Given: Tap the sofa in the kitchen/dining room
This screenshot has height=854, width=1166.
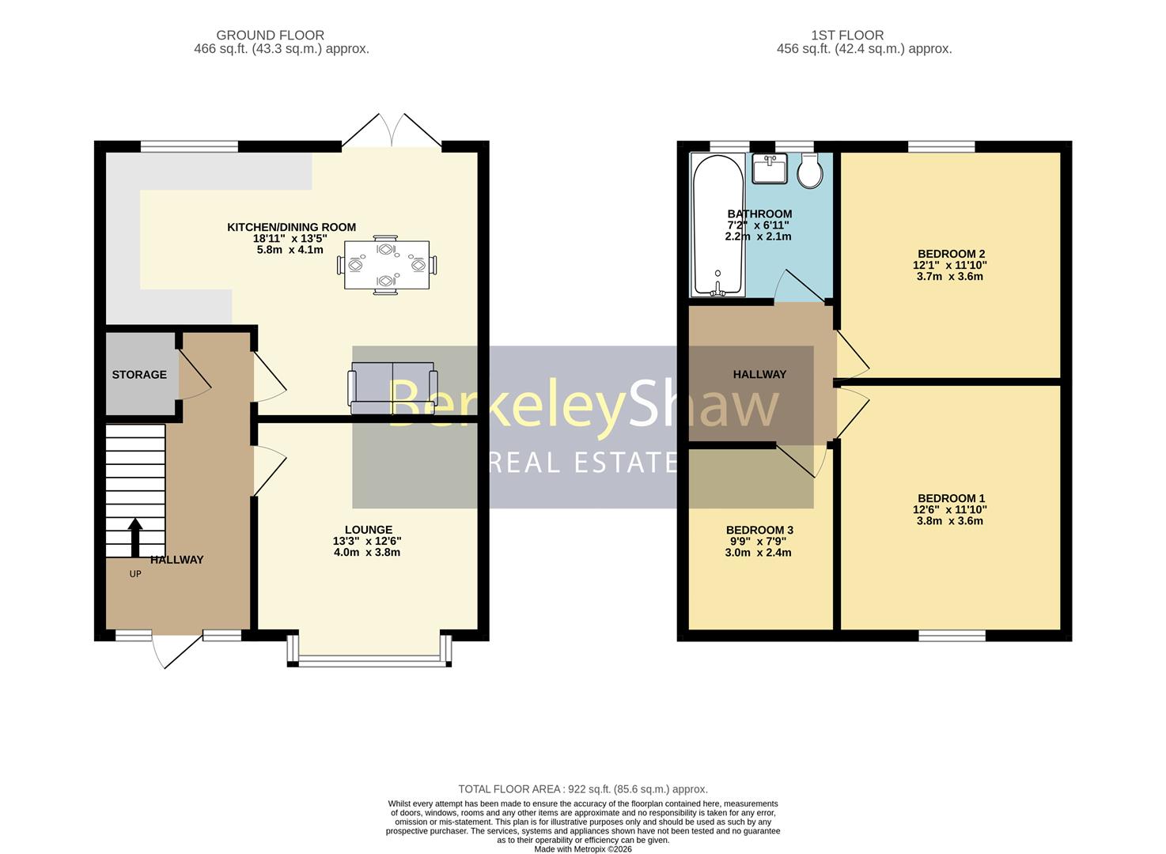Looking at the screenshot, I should click(392, 388).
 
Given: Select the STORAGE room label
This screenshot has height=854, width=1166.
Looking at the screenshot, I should click(139, 374).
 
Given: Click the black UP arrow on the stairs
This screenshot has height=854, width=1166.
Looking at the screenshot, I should click(135, 537).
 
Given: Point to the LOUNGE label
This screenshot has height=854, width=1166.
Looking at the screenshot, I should click(368, 530).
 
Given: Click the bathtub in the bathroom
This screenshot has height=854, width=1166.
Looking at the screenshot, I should click(717, 225).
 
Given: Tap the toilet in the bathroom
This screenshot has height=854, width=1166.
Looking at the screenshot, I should click(810, 171).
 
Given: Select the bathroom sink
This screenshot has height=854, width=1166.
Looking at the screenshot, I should click(770, 168).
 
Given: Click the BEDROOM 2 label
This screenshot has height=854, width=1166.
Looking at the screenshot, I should click(951, 254).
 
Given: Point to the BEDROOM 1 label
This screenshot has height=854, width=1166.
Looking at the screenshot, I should click(951, 498).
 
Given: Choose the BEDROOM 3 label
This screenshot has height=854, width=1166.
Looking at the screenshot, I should click(759, 530).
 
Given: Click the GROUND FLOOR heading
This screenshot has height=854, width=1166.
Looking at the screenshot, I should click(270, 35).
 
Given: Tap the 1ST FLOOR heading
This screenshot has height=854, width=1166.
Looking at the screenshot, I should click(847, 35).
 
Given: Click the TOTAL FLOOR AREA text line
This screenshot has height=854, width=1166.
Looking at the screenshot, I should click(583, 788).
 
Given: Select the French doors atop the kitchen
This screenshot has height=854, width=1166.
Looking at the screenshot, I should click(392, 132).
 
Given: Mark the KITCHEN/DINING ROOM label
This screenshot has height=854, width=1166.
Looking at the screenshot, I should click(291, 227).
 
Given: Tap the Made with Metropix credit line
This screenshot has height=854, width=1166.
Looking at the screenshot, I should click(583, 848).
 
